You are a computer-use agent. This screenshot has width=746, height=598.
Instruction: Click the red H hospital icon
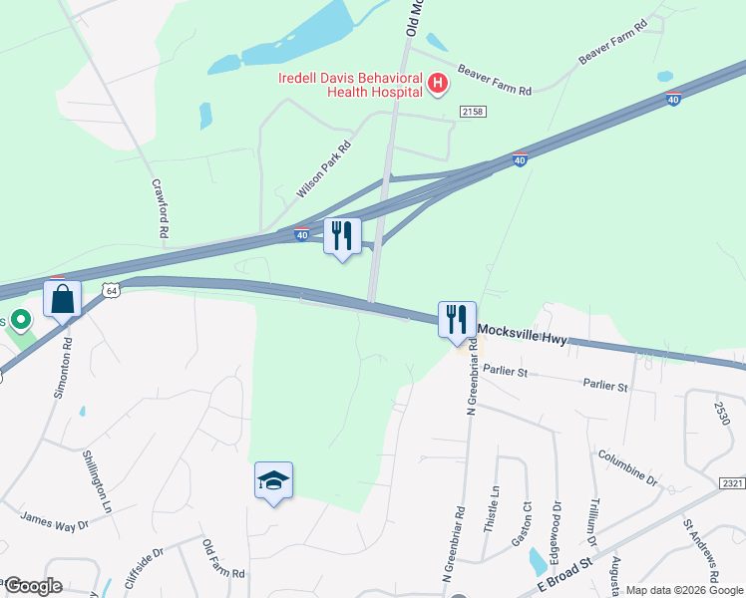pos(437,85)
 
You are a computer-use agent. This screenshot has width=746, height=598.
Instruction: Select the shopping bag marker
pos(62,299)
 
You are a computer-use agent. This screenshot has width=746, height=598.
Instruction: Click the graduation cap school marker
pos(273,480)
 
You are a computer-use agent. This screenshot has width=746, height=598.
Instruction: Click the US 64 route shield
pos(111,290)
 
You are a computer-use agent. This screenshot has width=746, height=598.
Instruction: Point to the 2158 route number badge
pos(473,112)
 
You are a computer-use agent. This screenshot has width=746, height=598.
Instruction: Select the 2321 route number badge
pos(732,483)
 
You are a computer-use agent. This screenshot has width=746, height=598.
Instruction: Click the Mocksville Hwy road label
pos(522,335)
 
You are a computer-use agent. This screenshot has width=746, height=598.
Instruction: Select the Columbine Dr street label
pos(627,467)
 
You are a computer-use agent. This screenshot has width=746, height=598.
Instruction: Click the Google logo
pos(33,586)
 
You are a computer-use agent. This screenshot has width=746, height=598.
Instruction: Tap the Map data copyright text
pos(684,590)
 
